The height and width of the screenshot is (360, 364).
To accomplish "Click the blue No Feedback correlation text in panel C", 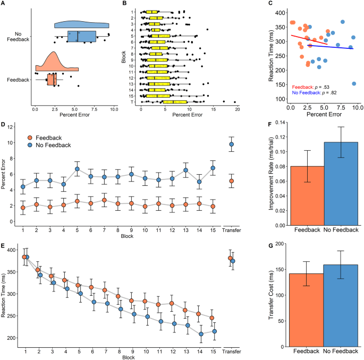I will point(318,92).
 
